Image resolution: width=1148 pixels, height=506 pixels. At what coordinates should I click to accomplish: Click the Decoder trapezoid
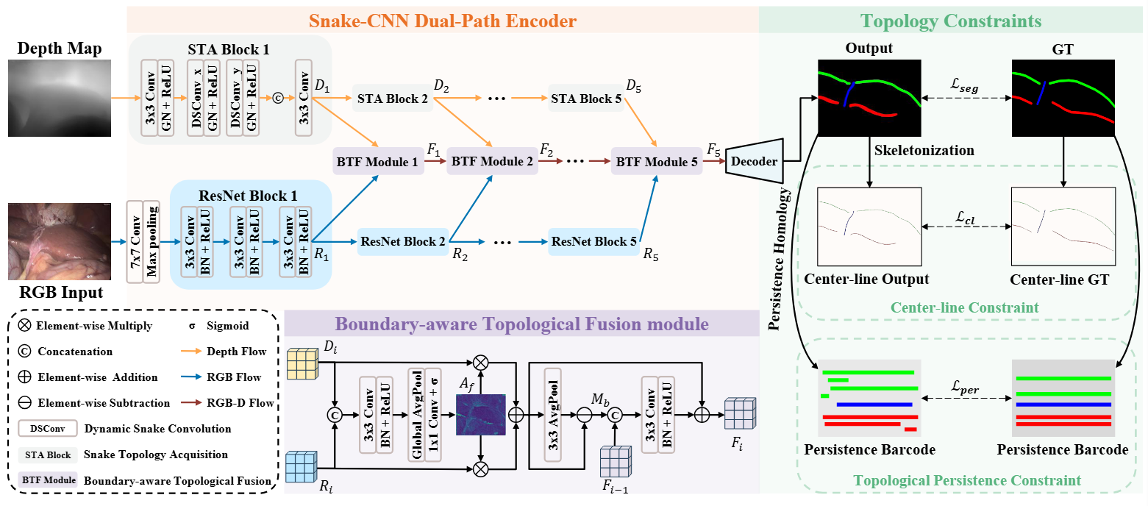pos(755,161)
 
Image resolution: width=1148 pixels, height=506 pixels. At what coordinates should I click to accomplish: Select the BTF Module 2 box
pos(492,162)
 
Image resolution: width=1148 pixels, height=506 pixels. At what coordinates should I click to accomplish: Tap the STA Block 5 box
pos(586,99)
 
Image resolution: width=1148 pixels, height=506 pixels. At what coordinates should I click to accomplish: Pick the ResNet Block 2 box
pos(403,241)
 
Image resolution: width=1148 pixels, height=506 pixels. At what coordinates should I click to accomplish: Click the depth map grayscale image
pos(60,98)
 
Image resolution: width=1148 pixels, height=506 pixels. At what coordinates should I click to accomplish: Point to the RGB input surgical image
pos(60,241)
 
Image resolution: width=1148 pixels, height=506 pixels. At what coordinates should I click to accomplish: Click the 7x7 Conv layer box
pos(135,242)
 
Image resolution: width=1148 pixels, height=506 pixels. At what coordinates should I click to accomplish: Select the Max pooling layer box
pos(151,242)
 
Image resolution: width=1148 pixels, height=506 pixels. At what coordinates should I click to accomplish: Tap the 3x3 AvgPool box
pos(553,416)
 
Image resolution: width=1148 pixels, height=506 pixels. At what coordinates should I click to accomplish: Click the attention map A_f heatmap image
pos(481,415)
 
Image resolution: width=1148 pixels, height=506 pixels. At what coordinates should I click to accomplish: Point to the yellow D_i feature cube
pos(302,363)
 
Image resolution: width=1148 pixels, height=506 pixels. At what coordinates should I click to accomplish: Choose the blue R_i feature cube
pos(302,466)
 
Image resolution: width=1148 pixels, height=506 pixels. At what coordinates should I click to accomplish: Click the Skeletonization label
pos(924,150)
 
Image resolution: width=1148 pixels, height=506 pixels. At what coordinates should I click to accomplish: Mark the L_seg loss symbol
pos(965,85)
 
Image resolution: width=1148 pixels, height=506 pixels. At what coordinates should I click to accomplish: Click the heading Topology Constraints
pos(951,21)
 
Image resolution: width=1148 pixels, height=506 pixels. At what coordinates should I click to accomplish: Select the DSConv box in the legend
pos(48,428)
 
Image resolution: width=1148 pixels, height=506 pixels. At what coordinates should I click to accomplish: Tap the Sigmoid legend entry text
pos(227,326)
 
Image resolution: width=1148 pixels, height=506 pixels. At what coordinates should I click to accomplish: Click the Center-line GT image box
pos(1063,226)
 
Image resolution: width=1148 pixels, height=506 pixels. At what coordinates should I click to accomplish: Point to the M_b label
pos(600,399)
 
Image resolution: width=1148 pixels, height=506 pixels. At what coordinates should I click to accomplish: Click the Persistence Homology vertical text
pos(779,259)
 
